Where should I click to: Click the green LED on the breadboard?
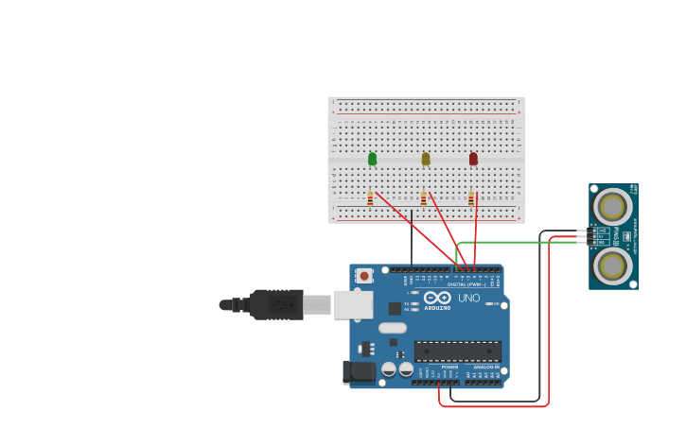click(372, 159)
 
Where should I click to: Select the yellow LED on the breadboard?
click(426, 159)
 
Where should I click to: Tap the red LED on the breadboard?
click(473, 159)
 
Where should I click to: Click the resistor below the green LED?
click(370, 198)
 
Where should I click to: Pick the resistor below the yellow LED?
click(423, 198)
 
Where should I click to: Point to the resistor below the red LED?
click(470, 198)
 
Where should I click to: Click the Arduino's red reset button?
click(364, 276)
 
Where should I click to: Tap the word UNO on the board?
click(469, 298)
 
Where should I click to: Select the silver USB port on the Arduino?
click(353, 304)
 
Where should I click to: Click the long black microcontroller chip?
click(458, 351)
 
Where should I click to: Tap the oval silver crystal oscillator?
click(392, 329)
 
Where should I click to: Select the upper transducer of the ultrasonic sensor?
click(612, 207)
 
